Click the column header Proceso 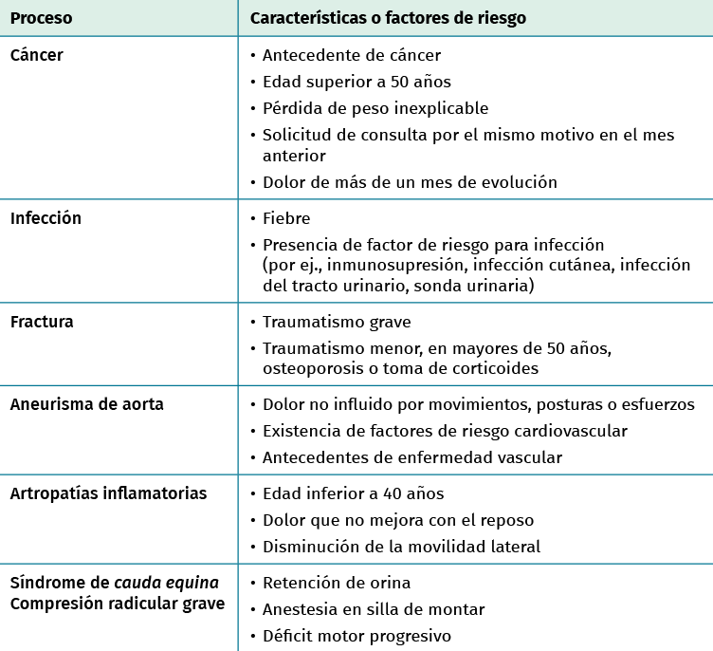click(41, 18)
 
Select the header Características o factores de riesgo click(388, 18)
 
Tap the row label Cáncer click(37, 55)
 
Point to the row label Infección click(46, 218)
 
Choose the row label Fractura click(42, 322)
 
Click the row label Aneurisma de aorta click(86, 404)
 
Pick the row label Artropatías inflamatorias click(108, 493)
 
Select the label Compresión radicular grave click(117, 604)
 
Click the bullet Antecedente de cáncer click(351, 55)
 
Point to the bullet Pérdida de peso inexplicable click(375, 108)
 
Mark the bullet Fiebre click(286, 218)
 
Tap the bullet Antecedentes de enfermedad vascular click(411, 457)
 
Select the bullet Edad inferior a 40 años click(353, 493)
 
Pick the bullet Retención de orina click(336, 583)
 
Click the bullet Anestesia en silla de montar click(373, 609)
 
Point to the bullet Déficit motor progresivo click(356, 636)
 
